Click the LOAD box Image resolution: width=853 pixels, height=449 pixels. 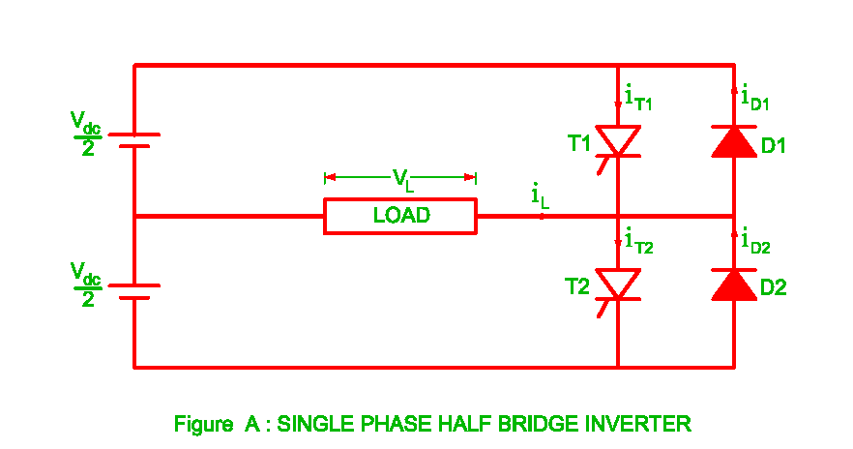click(x=400, y=216)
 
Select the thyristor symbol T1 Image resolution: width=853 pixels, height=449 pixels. click(x=617, y=141)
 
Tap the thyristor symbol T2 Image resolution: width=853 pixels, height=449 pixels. click(x=617, y=284)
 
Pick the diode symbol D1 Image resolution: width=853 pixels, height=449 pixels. click(x=733, y=141)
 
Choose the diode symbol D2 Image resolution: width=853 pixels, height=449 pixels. click(x=733, y=284)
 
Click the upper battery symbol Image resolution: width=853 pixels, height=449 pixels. click(x=133, y=140)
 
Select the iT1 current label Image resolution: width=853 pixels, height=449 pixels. click(x=638, y=98)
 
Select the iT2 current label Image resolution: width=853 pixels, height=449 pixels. click(x=638, y=241)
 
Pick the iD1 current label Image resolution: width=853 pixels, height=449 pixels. click(x=755, y=98)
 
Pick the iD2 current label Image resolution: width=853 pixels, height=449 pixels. click(x=755, y=241)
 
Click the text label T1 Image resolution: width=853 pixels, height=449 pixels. click(x=578, y=143)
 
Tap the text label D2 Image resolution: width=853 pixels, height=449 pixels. click(x=774, y=287)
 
